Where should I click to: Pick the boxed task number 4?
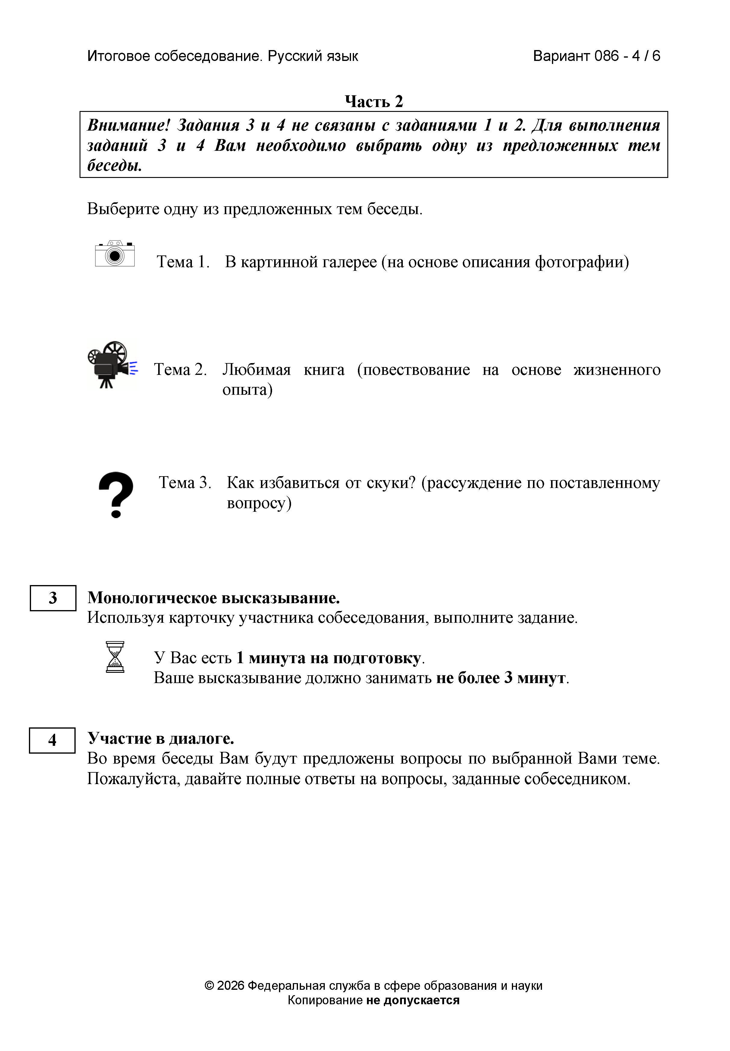[52, 740]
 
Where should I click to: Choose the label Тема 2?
[180, 369]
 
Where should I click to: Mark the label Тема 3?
[185, 483]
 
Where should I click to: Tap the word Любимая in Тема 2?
[257, 369]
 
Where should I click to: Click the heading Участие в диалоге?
[161, 738]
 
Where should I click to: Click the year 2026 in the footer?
[231, 998]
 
